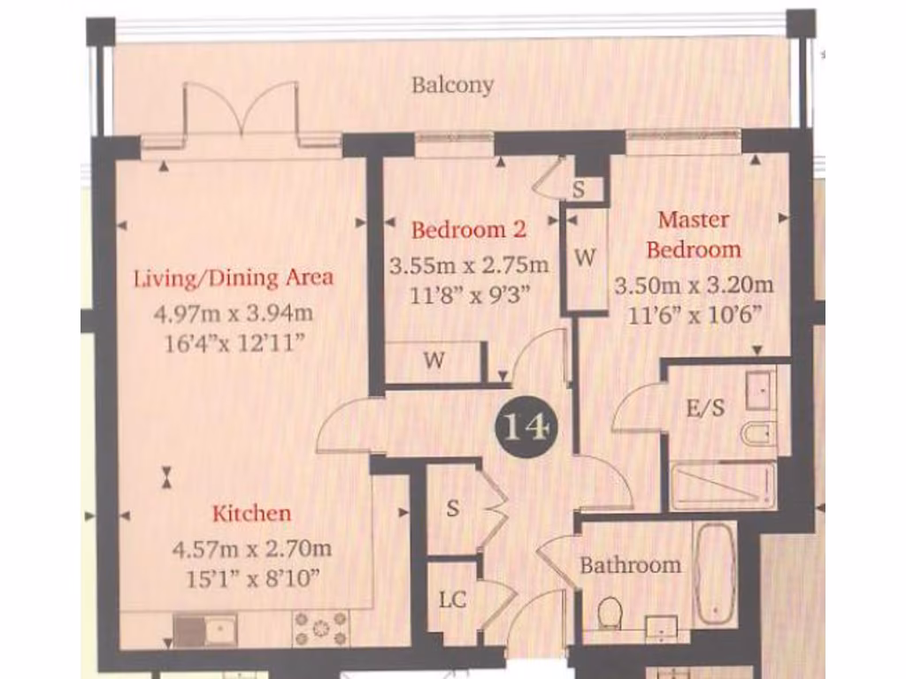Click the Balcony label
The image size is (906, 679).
point(452,86)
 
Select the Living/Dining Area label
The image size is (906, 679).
point(234,278)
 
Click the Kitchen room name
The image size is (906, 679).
point(251,513)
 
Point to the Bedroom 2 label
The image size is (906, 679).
point(469,230)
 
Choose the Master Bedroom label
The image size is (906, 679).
point(694,234)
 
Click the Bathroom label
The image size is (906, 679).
point(630,565)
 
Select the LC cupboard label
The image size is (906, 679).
point(453,599)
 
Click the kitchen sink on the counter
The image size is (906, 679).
point(204,629)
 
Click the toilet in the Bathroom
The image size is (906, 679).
point(609,613)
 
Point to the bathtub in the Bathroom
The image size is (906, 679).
point(715,575)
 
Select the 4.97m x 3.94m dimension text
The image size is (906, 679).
point(234,313)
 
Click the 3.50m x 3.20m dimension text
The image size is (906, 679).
point(694,285)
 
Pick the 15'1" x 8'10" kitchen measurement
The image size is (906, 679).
point(251,578)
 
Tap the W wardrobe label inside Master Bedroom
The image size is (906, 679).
point(585,258)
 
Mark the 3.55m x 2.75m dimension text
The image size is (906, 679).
point(469,264)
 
